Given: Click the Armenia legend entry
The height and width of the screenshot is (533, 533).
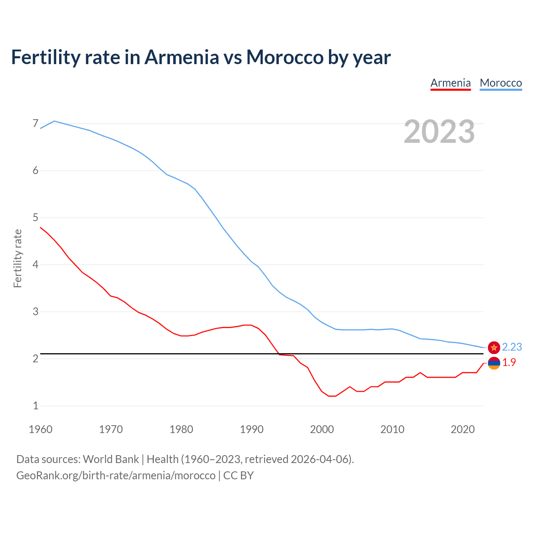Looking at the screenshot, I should (451, 83).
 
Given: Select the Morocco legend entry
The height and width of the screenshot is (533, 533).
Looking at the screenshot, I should (501, 83).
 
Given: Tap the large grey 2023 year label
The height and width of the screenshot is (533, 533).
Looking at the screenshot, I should (439, 132).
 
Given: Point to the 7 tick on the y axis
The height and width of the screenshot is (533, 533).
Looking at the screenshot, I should (35, 124).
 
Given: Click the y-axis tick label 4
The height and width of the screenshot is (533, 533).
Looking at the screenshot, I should (35, 264).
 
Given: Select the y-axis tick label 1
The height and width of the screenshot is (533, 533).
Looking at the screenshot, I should (35, 406).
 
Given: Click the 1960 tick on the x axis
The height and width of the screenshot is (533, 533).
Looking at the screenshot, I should (40, 429).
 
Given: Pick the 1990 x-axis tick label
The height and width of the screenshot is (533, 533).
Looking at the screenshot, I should (252, 429).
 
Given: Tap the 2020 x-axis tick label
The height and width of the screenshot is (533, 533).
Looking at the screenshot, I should (463, 429).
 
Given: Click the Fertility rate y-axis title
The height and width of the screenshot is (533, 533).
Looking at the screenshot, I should (17, 258).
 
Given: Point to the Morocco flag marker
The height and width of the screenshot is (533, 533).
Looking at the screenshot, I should (494, 347).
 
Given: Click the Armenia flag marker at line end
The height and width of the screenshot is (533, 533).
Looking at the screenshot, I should (494, 363).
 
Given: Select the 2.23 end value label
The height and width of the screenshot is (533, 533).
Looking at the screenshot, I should (512, 347).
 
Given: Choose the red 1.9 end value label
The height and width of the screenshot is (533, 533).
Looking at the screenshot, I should (509, 363).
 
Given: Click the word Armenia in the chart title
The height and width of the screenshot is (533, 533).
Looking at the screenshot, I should (182, 57).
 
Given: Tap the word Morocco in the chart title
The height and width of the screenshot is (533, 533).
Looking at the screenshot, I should (284, 57).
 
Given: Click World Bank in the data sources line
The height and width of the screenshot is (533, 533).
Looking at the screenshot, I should (111, 459).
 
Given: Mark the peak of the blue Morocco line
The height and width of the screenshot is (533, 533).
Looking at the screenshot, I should (54, 121).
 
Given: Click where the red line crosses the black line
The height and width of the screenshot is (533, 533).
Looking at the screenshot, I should (279, 354).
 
